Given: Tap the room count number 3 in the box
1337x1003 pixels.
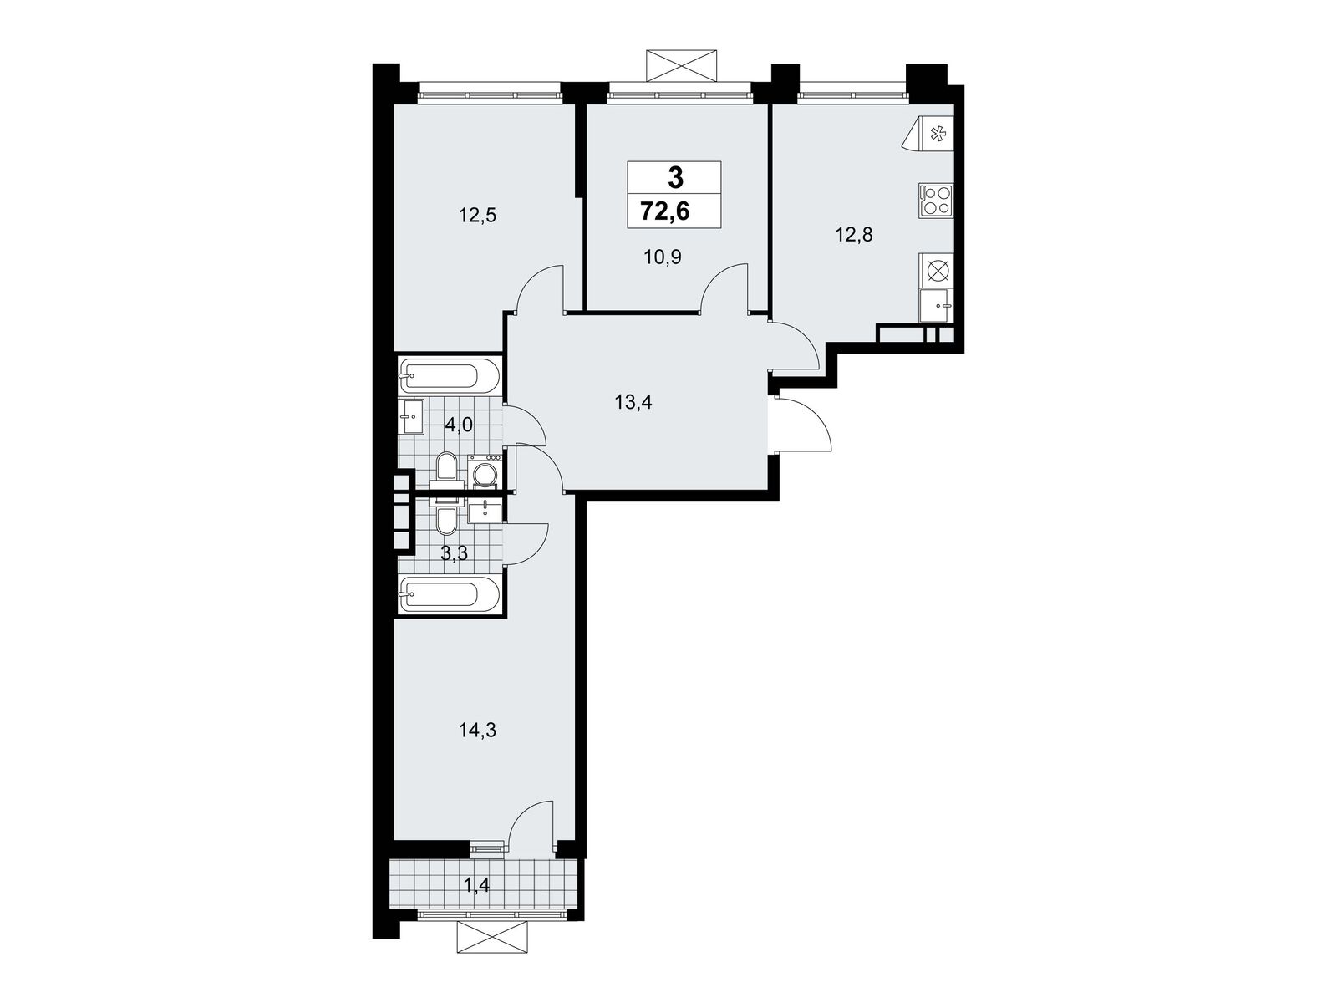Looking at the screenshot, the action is coord(675,178).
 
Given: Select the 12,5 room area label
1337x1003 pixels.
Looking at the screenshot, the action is coord(477,215).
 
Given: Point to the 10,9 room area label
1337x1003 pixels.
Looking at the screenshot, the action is coord(662,257).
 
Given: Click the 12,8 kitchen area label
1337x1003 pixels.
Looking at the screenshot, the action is coord(853,234).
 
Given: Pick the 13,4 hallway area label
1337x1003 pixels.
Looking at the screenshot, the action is coord(633,402).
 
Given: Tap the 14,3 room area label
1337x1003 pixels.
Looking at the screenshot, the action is coord(477,730).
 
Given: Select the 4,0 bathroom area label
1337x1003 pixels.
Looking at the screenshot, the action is coord(459,425).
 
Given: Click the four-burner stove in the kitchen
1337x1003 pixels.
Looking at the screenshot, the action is coord(936,201).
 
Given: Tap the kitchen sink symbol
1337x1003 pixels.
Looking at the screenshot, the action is coord(937,305).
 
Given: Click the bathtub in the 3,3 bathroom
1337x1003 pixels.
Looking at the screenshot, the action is coord(450,594).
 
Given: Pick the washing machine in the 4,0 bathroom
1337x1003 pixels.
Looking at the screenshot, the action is coord(485,472).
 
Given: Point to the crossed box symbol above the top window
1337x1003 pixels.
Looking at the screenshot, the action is coord(681,65).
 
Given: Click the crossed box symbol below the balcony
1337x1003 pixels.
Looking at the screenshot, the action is coord(492,954).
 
